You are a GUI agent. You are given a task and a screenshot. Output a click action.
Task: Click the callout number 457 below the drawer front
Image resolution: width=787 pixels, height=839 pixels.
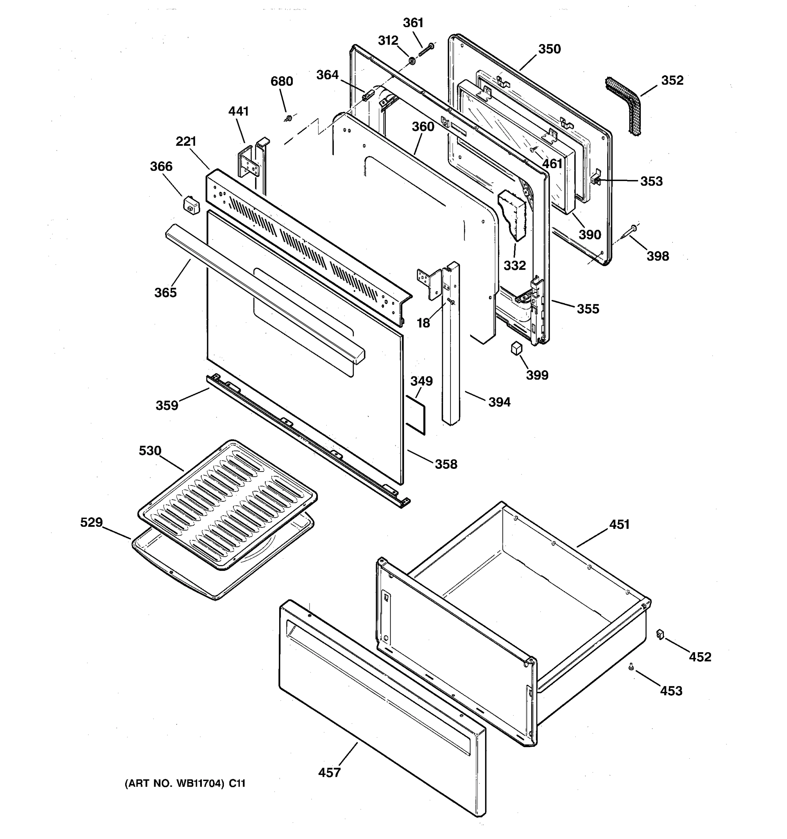329,773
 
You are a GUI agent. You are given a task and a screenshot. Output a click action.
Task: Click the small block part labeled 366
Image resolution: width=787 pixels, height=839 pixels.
191,205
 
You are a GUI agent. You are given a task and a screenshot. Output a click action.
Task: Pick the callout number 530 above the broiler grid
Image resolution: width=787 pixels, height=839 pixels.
150,451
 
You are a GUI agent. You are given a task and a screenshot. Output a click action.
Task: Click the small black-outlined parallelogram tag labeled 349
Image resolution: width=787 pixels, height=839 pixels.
416,415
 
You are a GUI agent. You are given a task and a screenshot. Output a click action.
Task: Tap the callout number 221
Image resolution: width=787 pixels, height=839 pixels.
186,141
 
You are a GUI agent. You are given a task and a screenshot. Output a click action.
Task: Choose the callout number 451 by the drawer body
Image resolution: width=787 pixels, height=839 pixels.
619,525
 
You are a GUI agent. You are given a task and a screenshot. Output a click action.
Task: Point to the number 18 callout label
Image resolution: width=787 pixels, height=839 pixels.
423,323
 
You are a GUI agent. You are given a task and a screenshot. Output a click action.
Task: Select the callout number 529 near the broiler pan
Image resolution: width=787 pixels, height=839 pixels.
91,523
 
